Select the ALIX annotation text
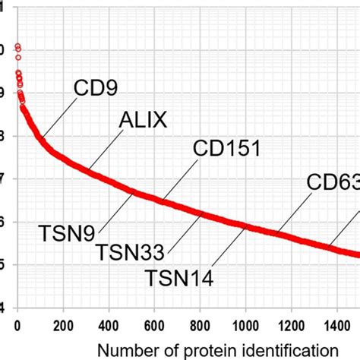point(143,119)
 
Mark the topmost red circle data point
point(17,46)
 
